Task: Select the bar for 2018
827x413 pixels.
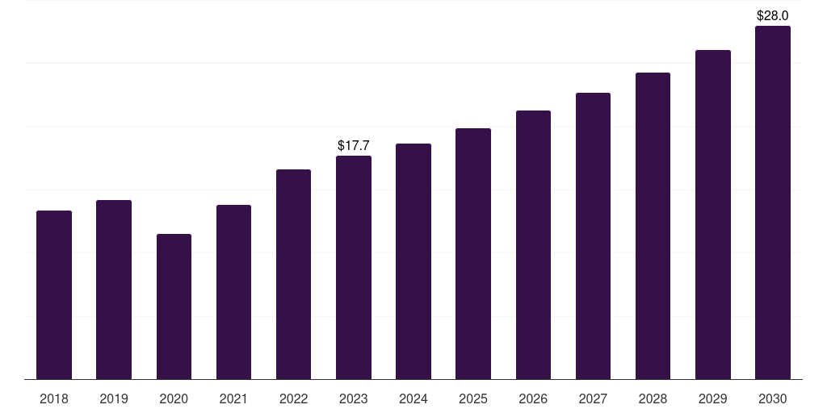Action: (54, 295)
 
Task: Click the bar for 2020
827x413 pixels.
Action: (174, 307)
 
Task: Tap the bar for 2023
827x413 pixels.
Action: (354, 268)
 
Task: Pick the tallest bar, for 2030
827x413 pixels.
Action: (773, 202)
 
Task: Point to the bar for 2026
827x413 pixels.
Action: (533, 245)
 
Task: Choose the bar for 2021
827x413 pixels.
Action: (233, 292)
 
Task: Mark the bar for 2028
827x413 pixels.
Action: (653, 226)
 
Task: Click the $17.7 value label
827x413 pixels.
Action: (354, 145)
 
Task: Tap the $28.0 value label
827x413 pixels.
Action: (773, 16)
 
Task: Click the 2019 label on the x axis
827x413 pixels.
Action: (114, 398)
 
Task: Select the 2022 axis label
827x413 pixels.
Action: (293, 398)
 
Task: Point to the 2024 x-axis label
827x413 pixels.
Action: (413, 398)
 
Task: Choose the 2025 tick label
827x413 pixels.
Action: (473, 398)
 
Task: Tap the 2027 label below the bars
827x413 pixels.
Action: (593, 398)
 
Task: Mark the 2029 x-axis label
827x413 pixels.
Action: (712, 398)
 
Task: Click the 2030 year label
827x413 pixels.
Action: (773, 398)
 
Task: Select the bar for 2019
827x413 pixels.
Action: (114, 290)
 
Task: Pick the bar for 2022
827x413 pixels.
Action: (293, 274)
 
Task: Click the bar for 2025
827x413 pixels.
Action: (473, 254)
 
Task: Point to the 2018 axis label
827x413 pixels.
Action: (54, 398)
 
